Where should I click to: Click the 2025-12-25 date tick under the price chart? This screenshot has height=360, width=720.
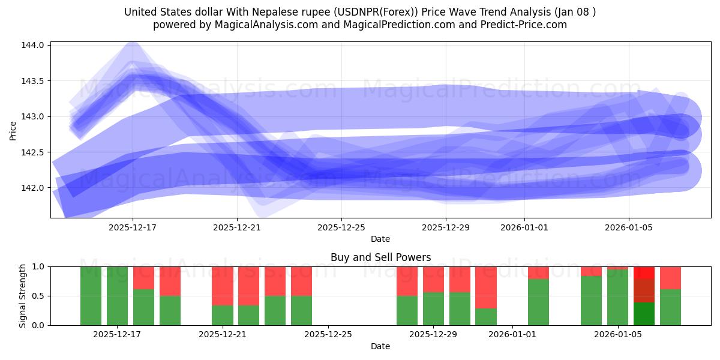coord(341,227)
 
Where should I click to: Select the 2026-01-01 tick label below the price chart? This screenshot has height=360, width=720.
coord(524,227)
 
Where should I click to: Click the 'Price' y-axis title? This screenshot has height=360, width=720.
coord(13,130)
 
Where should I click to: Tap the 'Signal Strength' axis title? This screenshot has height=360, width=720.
coord(23,296)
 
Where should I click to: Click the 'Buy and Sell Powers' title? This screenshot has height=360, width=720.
coord(380,257)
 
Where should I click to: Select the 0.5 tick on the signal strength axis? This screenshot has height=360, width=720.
coord(38,296)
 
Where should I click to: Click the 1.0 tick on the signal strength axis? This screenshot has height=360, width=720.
coord(38,266)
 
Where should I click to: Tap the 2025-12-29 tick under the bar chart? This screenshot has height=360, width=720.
coord(433,334)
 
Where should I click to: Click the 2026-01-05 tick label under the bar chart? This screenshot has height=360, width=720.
coord(617,334)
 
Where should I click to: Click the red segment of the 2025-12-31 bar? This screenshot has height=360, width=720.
coord(486,287)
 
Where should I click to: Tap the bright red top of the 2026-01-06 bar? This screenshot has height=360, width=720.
coord(644,272)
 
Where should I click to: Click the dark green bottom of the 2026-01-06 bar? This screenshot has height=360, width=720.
coord(644,314)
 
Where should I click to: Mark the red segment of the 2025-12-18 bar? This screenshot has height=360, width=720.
coord(143,278)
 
